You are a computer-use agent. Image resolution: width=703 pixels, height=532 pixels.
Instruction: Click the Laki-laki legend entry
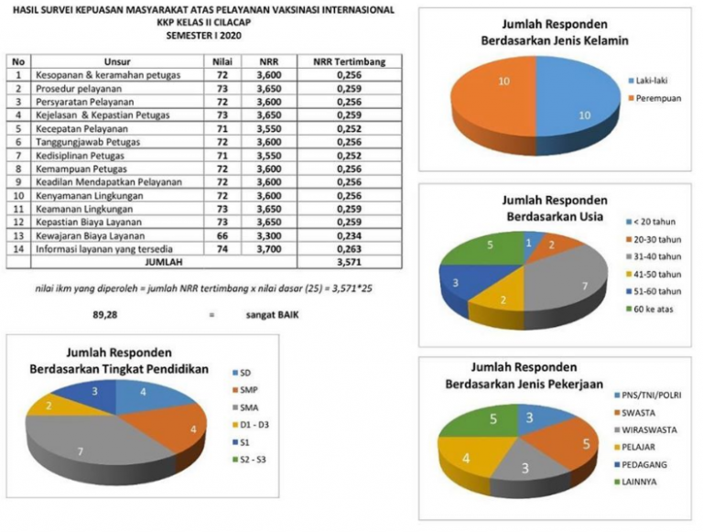650,80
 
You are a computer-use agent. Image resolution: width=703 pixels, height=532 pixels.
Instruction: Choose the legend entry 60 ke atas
655,310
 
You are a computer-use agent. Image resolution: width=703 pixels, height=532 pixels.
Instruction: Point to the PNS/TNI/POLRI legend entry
654,395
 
